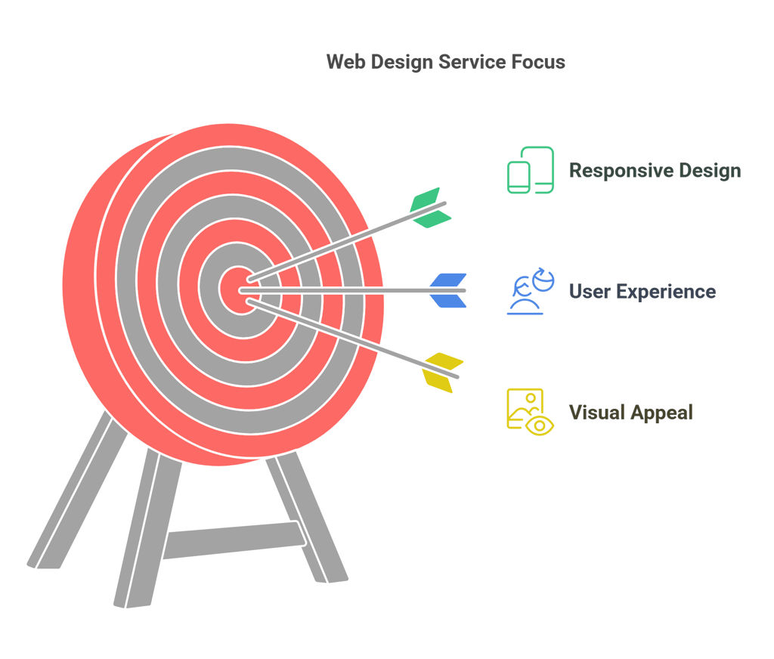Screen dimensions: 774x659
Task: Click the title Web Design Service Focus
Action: coord(445,62)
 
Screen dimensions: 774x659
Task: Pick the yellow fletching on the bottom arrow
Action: coord(444,370)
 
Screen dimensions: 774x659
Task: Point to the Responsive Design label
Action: coord(655,170)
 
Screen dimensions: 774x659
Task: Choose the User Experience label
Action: coord(642,292)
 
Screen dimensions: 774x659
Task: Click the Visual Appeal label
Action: coord(630,413)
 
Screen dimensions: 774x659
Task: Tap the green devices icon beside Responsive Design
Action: coord(530,170)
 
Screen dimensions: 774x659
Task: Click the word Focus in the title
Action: coord(537,62)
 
